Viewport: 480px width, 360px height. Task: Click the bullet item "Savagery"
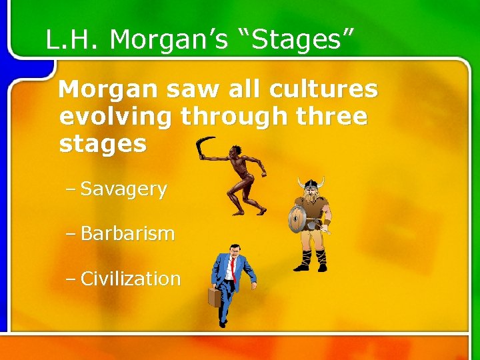pos(123,189)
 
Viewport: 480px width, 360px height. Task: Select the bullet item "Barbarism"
pos(127,234)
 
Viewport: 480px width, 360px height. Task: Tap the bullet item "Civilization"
pos(130,279)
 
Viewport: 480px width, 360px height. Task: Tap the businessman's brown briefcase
pos(214,297)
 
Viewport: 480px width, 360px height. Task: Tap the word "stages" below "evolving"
pos(103,144)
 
